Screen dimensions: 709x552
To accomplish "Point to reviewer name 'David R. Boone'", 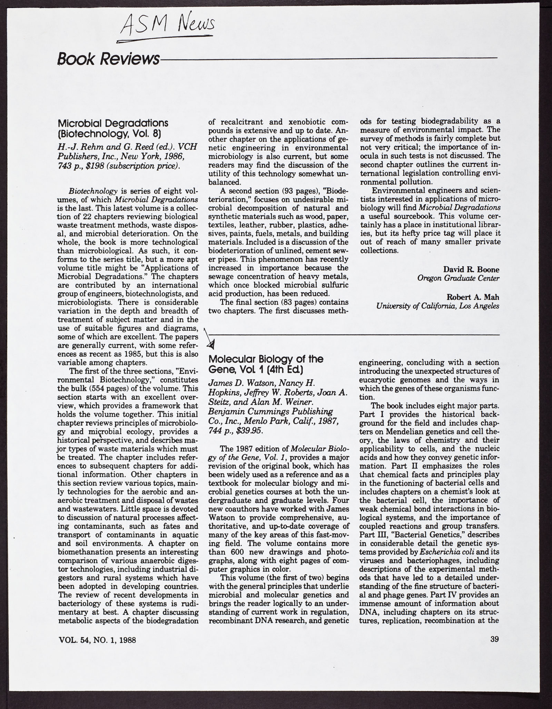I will (471, 269).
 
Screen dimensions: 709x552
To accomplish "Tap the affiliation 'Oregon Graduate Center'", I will (458, 278).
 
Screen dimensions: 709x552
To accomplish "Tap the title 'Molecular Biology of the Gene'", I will (266, 364).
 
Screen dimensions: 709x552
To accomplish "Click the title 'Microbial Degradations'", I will (113, 123).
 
